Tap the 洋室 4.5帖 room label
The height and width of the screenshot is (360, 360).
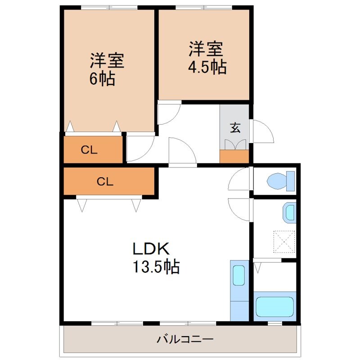coord(206,58)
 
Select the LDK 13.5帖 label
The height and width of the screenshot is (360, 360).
coord(155,258)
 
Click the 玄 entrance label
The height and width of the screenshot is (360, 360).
coord(235,127)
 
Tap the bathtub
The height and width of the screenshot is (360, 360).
coord(274,306)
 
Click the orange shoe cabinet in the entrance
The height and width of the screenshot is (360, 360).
coord(234,157)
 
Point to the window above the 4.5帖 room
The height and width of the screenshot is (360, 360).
coord(203,7)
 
